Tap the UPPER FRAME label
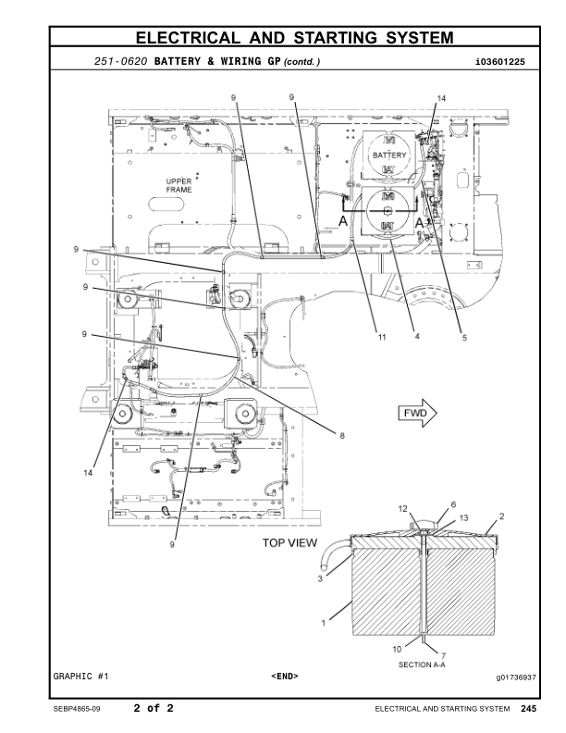179,185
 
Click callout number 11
380,337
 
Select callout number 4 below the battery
417,337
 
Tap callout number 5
464,338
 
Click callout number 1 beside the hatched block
323,624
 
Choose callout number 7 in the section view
430,655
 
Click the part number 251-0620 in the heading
122,62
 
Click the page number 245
528,709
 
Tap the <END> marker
284,677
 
